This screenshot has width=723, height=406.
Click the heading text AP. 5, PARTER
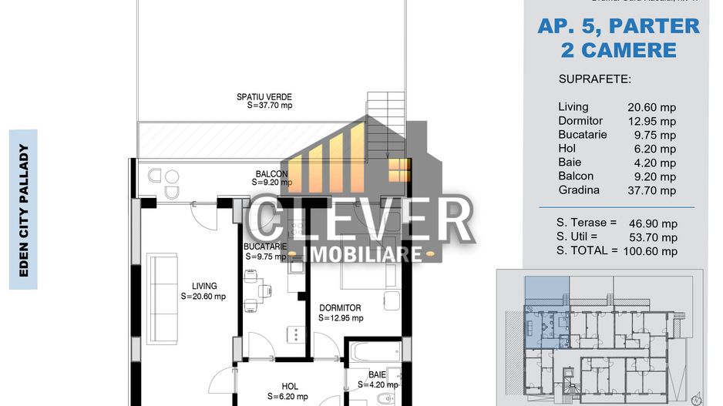[618, 25]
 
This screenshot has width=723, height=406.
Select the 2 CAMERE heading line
[618, 50]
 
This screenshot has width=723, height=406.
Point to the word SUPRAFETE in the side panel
[594, 79]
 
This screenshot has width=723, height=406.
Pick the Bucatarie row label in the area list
[582, 135]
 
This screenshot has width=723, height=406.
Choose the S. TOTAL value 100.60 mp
[651, 250]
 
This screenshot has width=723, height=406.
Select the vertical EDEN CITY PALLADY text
[23, 210]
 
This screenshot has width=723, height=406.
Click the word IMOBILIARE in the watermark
[364, 253]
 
